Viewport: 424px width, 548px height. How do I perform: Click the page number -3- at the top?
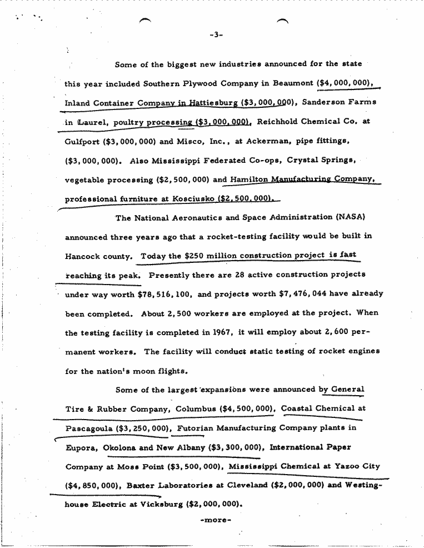pos(216,36)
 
